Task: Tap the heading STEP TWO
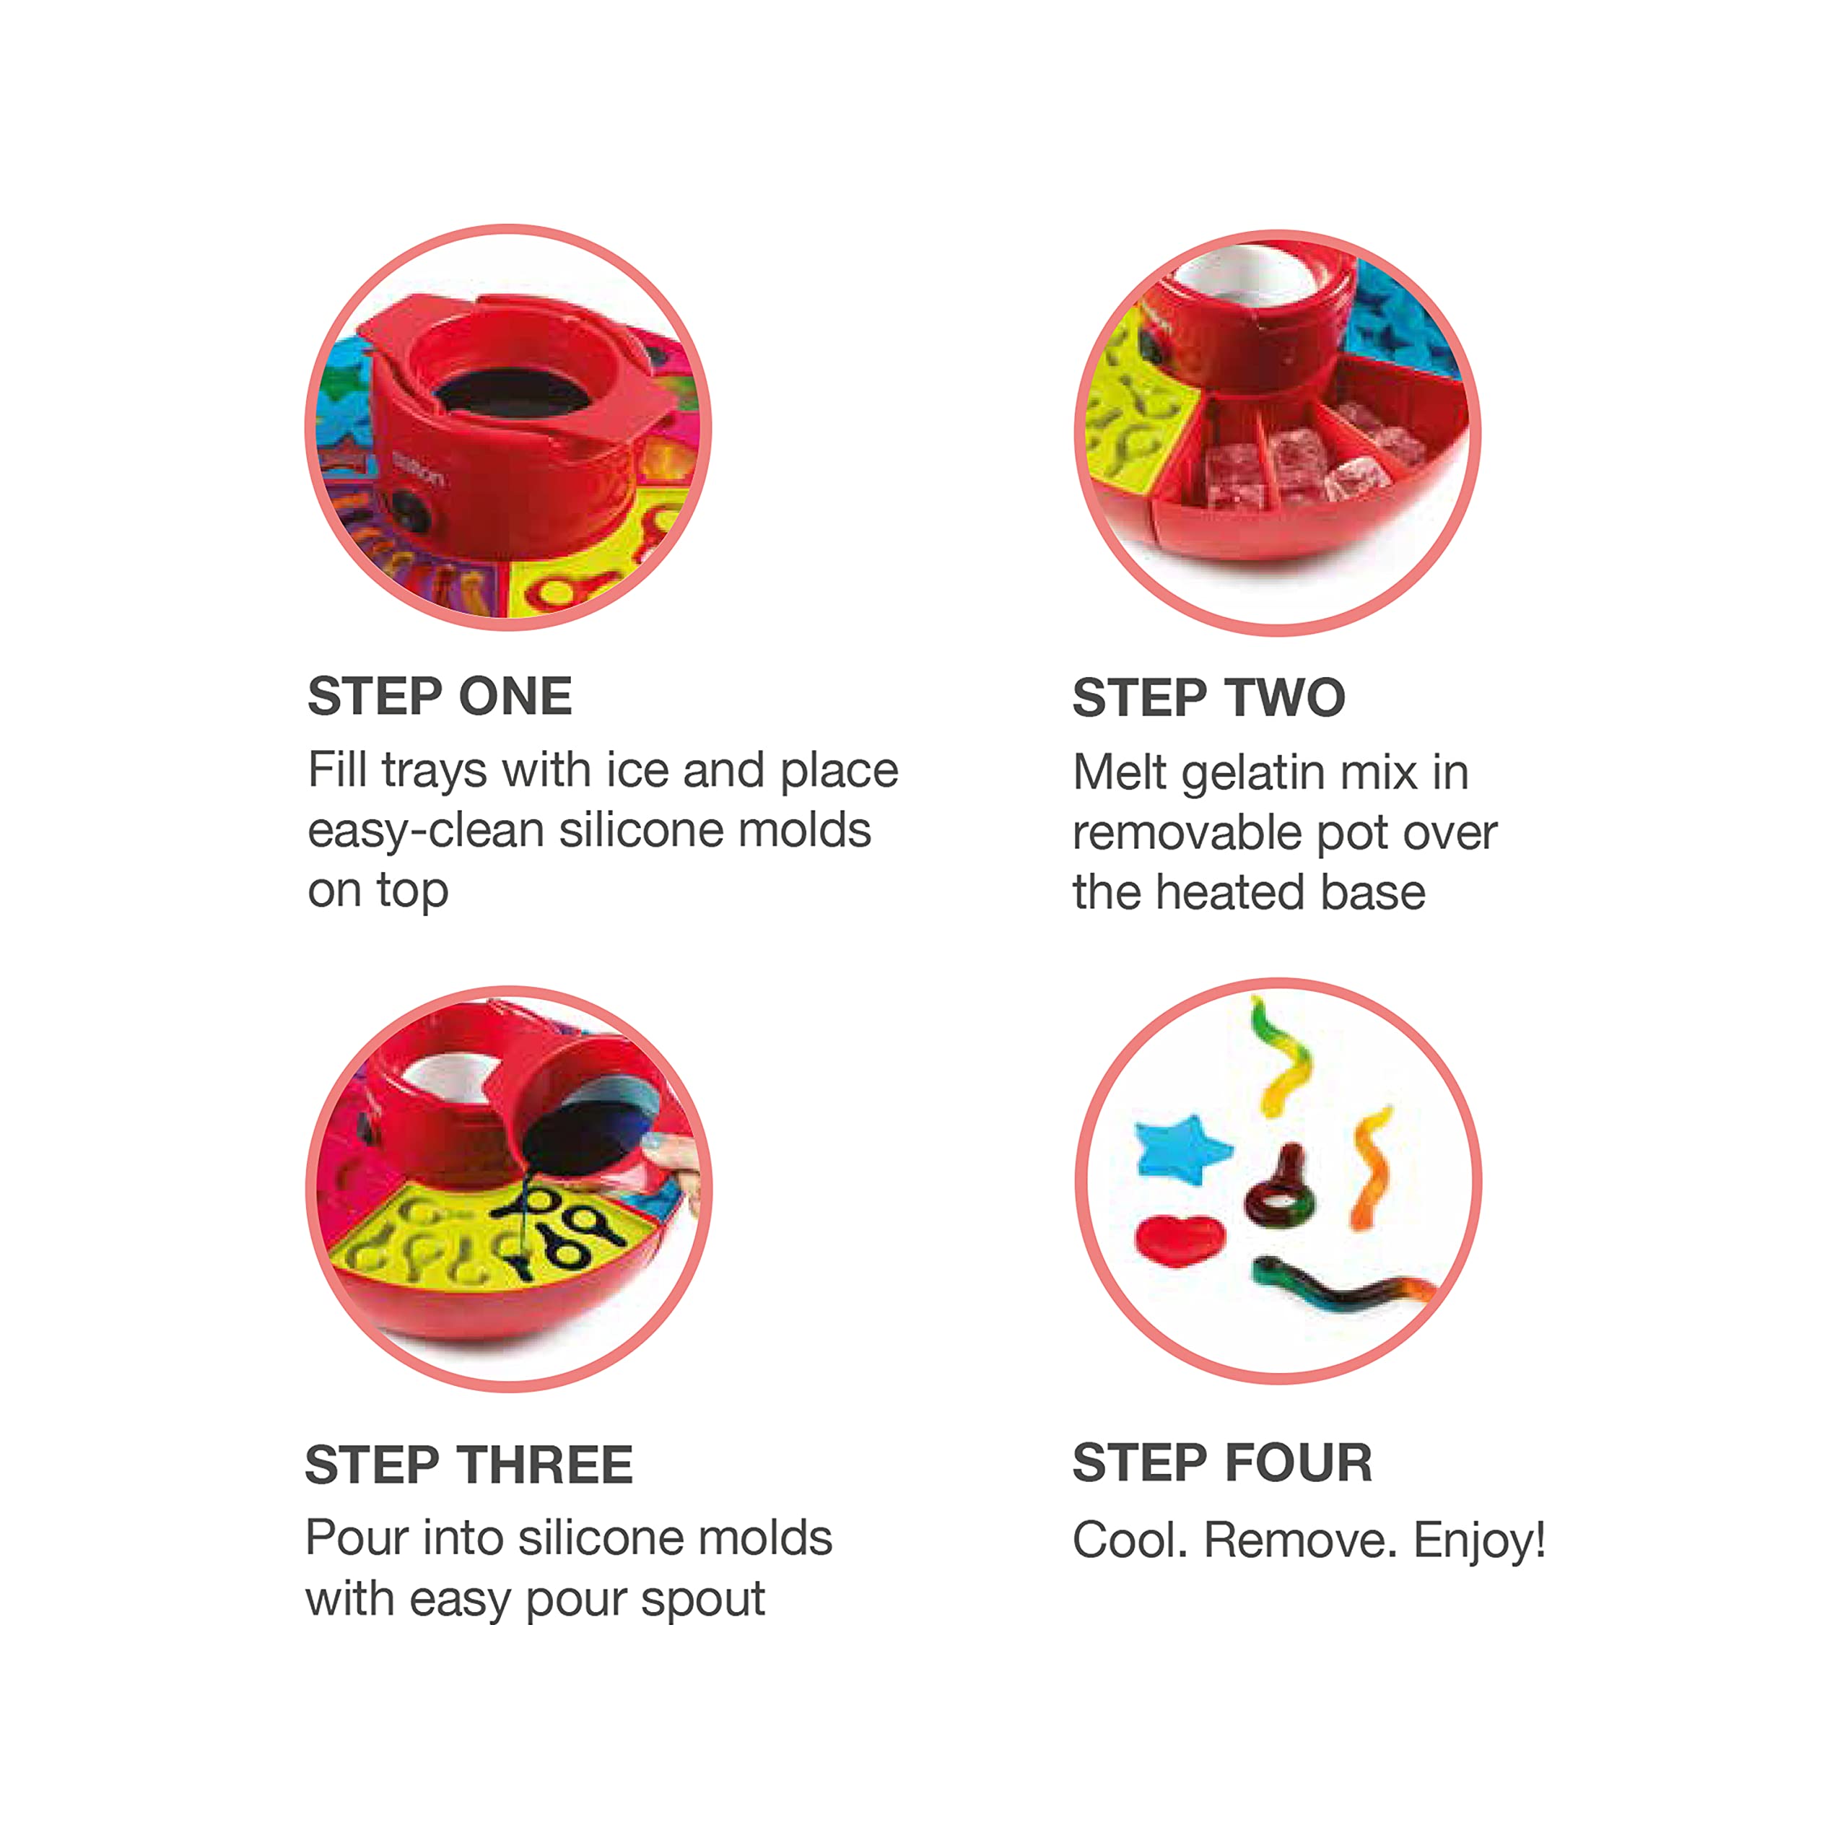(1209, 697)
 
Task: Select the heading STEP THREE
(468, 1465)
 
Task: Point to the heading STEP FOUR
(1222, 1463)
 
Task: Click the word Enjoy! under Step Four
(1480, 1543)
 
